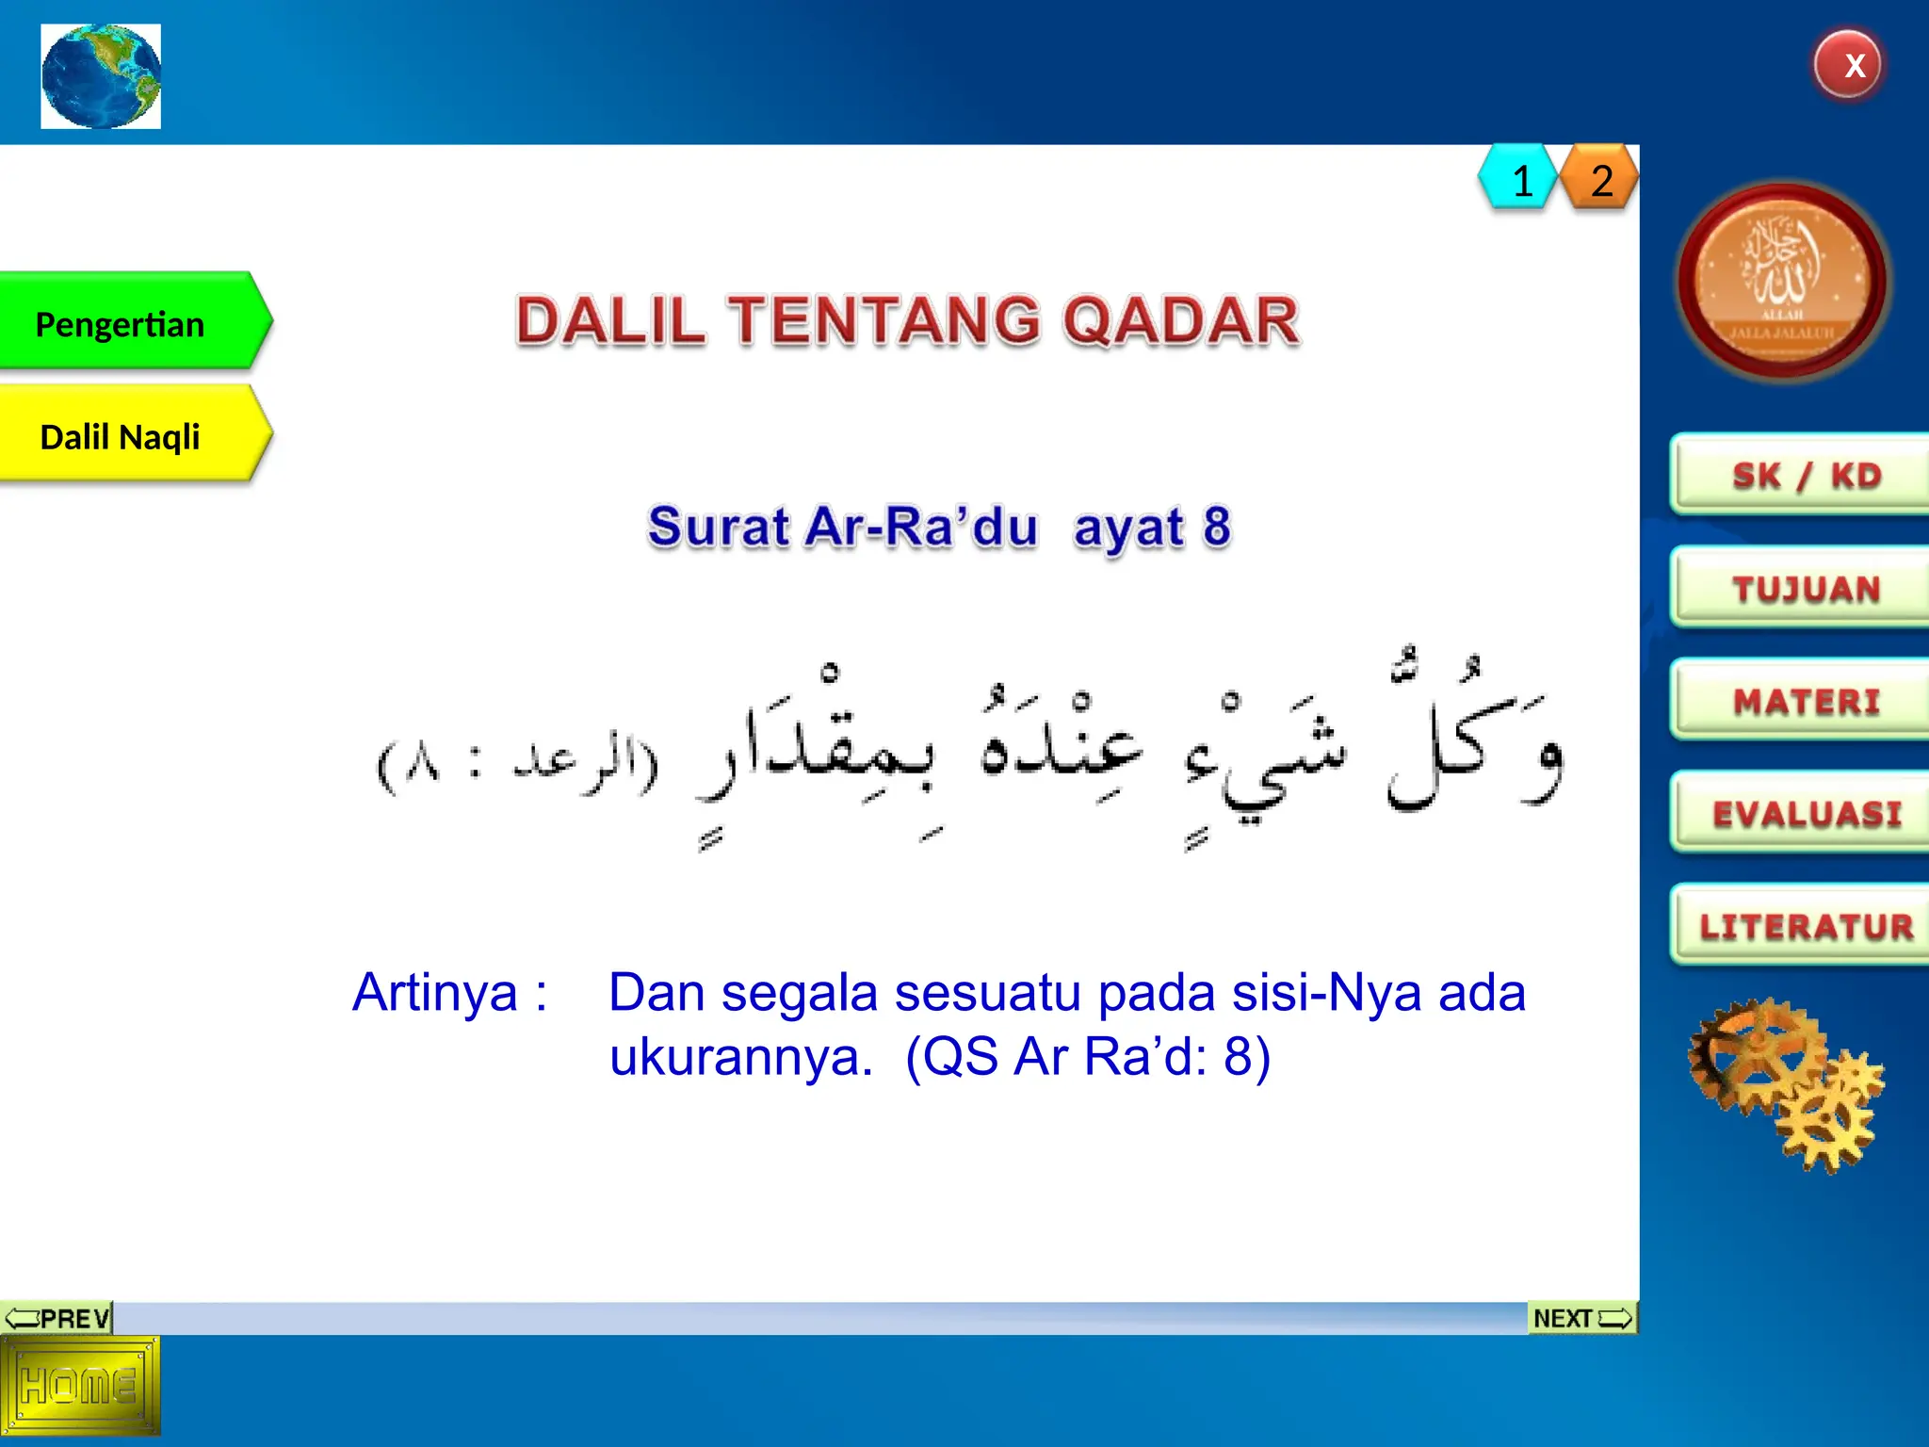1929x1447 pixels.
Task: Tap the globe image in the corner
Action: (101, 76)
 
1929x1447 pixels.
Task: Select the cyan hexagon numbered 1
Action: (1518, 179)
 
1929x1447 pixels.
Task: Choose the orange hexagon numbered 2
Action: (1600, 179)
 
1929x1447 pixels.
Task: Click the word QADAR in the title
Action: (1181, 320)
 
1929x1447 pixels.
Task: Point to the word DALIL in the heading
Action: (609, 320)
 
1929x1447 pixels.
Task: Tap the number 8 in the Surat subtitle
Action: (1216, 526)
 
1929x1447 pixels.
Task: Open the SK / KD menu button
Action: (1803, 475)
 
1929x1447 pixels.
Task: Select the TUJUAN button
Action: (1803, 588)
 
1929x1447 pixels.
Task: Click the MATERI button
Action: (1803, 701)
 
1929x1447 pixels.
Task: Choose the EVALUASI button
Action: (1803, 813)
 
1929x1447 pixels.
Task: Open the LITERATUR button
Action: (1803, 926)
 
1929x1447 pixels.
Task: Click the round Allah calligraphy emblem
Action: (1782, 282)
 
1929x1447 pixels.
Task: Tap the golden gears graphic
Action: (1785, 1083)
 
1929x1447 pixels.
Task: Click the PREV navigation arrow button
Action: (57, 1317)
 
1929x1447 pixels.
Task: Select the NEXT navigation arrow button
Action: (1581, 1317)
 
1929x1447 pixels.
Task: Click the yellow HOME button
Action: (79, 1385)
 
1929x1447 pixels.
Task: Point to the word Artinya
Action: (436, 992)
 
